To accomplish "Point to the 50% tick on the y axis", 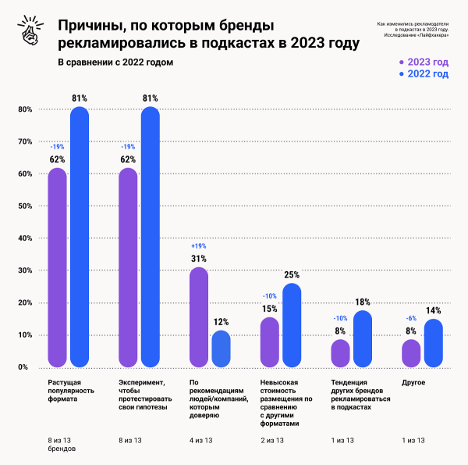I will coord(23,206).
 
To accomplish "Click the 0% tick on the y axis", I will coord(23,367).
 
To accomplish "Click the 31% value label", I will coord(198,259).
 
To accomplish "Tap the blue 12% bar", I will coord(221,349).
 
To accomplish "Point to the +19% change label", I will coord(198,245).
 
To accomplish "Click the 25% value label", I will coord(292,275).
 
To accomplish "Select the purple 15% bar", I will coord(269,342).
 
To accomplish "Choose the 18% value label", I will coord(362,302).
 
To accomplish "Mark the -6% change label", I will coord(410,319).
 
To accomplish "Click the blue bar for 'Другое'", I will coord(433,343).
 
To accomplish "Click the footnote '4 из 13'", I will coord(201,441).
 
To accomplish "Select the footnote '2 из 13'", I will coord(272,441).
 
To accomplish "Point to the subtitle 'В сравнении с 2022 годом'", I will coord(115,62).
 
